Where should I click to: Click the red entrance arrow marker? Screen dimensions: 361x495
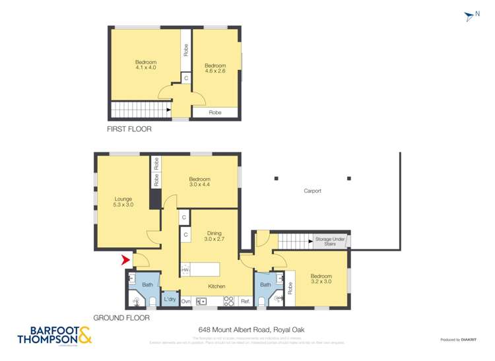click(125, 261)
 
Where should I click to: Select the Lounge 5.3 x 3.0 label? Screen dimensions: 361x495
click(123, 203)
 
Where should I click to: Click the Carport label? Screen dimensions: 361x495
click(312, 191)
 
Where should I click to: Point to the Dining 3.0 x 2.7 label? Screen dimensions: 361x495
click(214, 236)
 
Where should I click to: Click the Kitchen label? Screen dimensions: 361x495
click(216, 286)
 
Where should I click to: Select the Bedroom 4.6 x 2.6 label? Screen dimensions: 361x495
click(215, 69)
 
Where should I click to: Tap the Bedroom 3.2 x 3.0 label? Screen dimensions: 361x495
click(321, 279)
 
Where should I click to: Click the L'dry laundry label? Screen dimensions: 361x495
click(170, 300)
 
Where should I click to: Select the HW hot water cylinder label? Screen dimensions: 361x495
click(185, 270)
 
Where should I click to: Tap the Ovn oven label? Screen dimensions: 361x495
click(186, 301)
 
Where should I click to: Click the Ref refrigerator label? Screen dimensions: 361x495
click(244, 301)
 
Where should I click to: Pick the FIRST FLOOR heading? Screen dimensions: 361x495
click(129, 129)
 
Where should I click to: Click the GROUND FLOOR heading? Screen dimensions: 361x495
click(121, 317)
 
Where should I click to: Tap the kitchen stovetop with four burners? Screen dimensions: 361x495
click(229, 301)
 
